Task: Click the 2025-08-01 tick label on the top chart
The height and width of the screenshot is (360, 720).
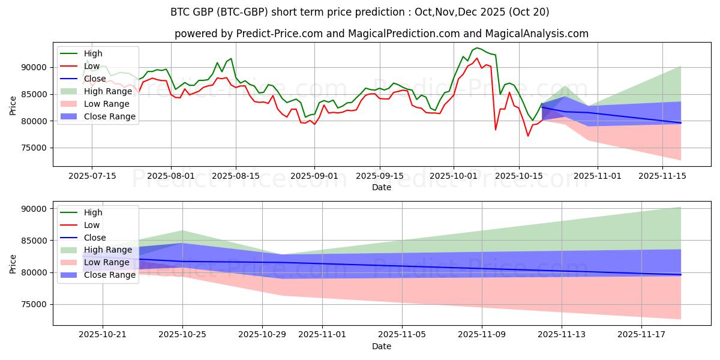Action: [171, 176]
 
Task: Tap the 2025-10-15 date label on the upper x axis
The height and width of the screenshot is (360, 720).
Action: [518, 176]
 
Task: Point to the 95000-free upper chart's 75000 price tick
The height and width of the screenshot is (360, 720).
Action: [37, 148]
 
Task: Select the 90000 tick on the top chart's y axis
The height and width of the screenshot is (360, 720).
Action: [37, 67]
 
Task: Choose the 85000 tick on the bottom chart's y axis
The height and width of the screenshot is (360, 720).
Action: [37, 241]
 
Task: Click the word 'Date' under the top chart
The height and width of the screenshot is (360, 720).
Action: [382, 187]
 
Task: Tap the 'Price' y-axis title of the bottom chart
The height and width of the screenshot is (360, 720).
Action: [13, 263]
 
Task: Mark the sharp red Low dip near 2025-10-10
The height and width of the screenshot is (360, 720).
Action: [496, 130]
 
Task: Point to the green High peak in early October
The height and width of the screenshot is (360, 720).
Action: [477, 47]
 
